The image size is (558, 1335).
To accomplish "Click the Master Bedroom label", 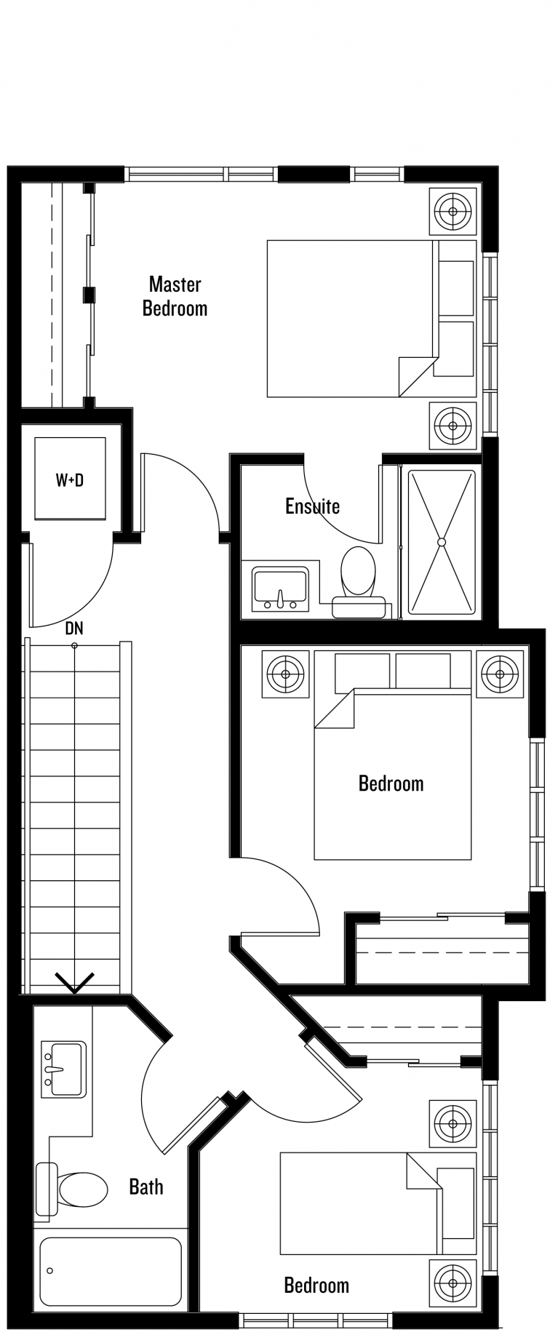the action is click(x=175, y=296).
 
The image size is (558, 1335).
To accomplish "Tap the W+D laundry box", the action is click(x=70, y=478).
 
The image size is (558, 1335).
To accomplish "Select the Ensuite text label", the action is click(x=312, y=506).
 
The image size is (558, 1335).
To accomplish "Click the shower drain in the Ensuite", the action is click(x=441, y=542).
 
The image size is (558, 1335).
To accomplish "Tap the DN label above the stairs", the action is click(x=74, y=628).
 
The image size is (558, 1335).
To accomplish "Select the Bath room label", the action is click(x=146, y=1187).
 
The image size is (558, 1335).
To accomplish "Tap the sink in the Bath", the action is click(x=63, y=1069).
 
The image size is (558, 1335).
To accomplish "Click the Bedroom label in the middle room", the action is click(x=391, y=784).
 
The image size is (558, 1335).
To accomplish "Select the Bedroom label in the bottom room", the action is click(x=316, y=1286).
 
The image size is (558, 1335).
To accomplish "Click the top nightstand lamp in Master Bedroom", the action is click(x=453, y=212).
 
